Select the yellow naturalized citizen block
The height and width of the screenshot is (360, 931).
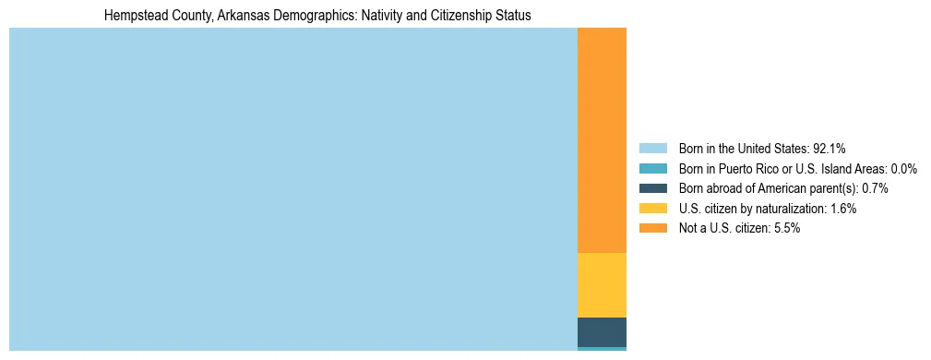coord(602,285)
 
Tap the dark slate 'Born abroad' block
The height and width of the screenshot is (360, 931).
coord(602,331)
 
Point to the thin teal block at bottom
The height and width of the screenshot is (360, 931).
coord(602,349)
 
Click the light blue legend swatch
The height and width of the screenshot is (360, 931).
coord(652,148)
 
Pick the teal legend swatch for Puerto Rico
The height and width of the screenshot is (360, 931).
coord(652,168)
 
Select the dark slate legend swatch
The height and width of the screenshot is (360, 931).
coord(652,187)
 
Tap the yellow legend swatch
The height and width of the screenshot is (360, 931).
coord(652,208)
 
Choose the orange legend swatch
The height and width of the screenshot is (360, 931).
coord(652,228)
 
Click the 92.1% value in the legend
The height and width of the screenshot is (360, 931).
coord(830,148)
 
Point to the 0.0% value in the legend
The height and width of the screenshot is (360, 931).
coord(903,168)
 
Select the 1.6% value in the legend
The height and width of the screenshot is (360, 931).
coord(842,209)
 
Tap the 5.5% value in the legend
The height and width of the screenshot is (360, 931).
coord(785,228)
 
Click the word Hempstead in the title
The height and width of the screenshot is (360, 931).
coord(135,16)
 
